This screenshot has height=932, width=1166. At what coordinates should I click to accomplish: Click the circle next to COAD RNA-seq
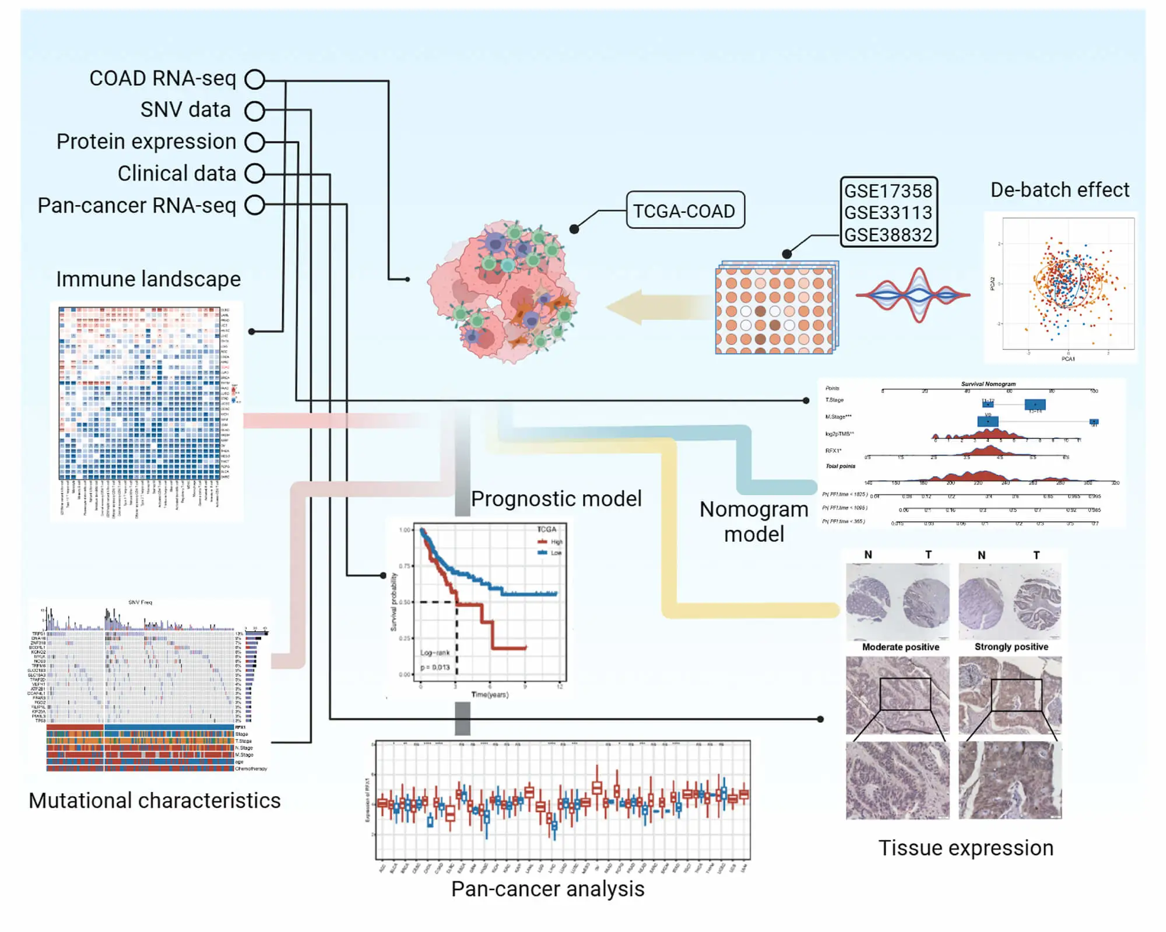[x=255, y=79]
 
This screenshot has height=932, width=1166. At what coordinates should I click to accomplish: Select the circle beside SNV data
[x=255, y=111]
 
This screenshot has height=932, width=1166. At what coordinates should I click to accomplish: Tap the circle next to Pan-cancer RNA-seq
[x=255, y=205]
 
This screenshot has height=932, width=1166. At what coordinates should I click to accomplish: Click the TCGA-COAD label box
[x=684, y=210]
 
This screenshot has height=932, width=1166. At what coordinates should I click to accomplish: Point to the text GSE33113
[x=888, y=213]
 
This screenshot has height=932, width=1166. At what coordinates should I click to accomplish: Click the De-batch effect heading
[x=1059, y=190]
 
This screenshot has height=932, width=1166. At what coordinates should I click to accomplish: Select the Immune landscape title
[x=148, y=279]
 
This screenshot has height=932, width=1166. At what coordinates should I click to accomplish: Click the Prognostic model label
[x=556, y=499]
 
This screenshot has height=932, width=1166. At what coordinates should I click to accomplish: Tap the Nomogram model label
[x=753, y=522]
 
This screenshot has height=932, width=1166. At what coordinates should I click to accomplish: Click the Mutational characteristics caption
[x=154, y=801]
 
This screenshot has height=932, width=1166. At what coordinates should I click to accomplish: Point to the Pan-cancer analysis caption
[x=547, y=889]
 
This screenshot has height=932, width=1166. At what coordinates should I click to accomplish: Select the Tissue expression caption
[x=965, y=848]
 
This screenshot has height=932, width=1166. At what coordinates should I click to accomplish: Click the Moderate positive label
[x=900, y=647]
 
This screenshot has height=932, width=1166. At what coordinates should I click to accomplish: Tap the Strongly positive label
[x=1011, y=647]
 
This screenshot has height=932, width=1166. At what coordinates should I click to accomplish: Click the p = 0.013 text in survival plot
[x=435, y=667]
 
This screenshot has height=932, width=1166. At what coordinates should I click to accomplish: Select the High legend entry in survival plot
[x=555, y=542]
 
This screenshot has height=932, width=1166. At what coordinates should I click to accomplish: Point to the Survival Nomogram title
[x=988, y=384]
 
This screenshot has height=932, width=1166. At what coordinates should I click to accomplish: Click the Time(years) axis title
[x=490, y=695]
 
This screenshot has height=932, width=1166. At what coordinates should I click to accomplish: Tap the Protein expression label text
[x=146, y=142]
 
